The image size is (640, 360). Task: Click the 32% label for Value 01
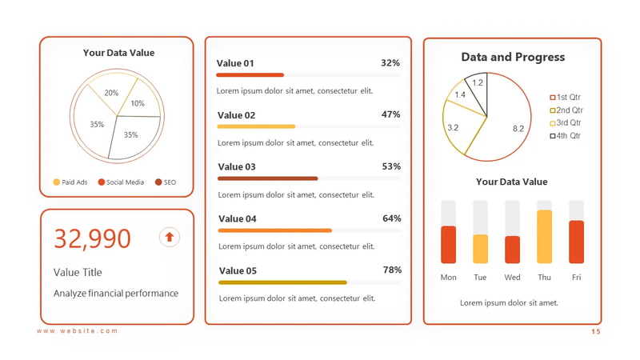[x=390, y=63]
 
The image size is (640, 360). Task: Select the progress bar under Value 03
[x=267, y=178]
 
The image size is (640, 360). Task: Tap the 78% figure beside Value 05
[x=391, y=270]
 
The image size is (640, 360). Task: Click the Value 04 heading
[x=237, y=219]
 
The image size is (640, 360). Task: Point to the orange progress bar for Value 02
[x=256, y=126]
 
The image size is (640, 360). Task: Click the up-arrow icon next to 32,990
[x=169, y=237]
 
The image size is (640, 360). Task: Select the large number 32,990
[x=92, y=238]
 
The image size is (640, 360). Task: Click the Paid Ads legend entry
[x=70, y=182]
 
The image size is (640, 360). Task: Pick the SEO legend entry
[x=166, y=182]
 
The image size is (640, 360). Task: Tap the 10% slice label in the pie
[x=138, y=103]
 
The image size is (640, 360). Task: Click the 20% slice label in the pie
[x=111, y=93]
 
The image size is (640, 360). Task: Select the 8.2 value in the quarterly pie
[x=518, y=129]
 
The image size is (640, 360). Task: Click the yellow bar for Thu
[x=544, y=237]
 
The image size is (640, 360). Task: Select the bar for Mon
[x=448, y=245]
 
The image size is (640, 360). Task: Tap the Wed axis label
[x=512, y=278]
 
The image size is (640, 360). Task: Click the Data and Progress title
[x=513, y=58]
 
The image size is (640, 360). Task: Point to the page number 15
[x=595, y=331]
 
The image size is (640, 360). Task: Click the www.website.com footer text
[x=77, y=331]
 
